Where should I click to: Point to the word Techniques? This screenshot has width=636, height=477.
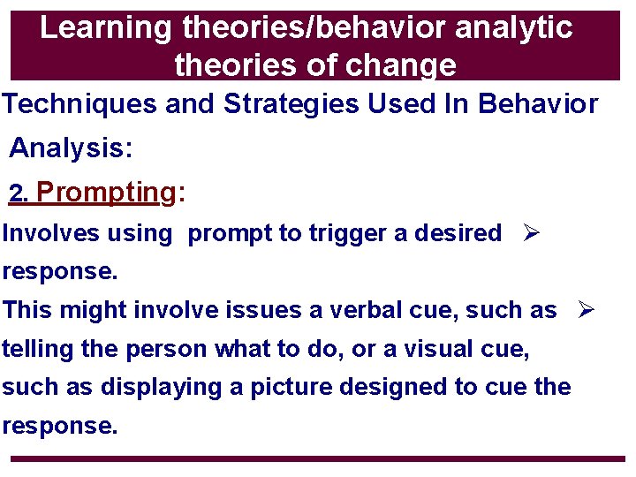point(81,104)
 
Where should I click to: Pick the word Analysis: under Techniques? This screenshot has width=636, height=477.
point(71,148)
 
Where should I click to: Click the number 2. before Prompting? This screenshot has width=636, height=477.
point(19,193)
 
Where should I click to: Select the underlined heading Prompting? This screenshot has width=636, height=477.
point(107,192)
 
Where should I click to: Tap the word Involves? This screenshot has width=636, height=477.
point(50,233)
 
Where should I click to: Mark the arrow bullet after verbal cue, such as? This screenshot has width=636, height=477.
point(586,310)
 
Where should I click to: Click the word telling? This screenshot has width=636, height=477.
point(38,349)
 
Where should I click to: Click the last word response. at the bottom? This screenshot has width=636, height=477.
point(59,426)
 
